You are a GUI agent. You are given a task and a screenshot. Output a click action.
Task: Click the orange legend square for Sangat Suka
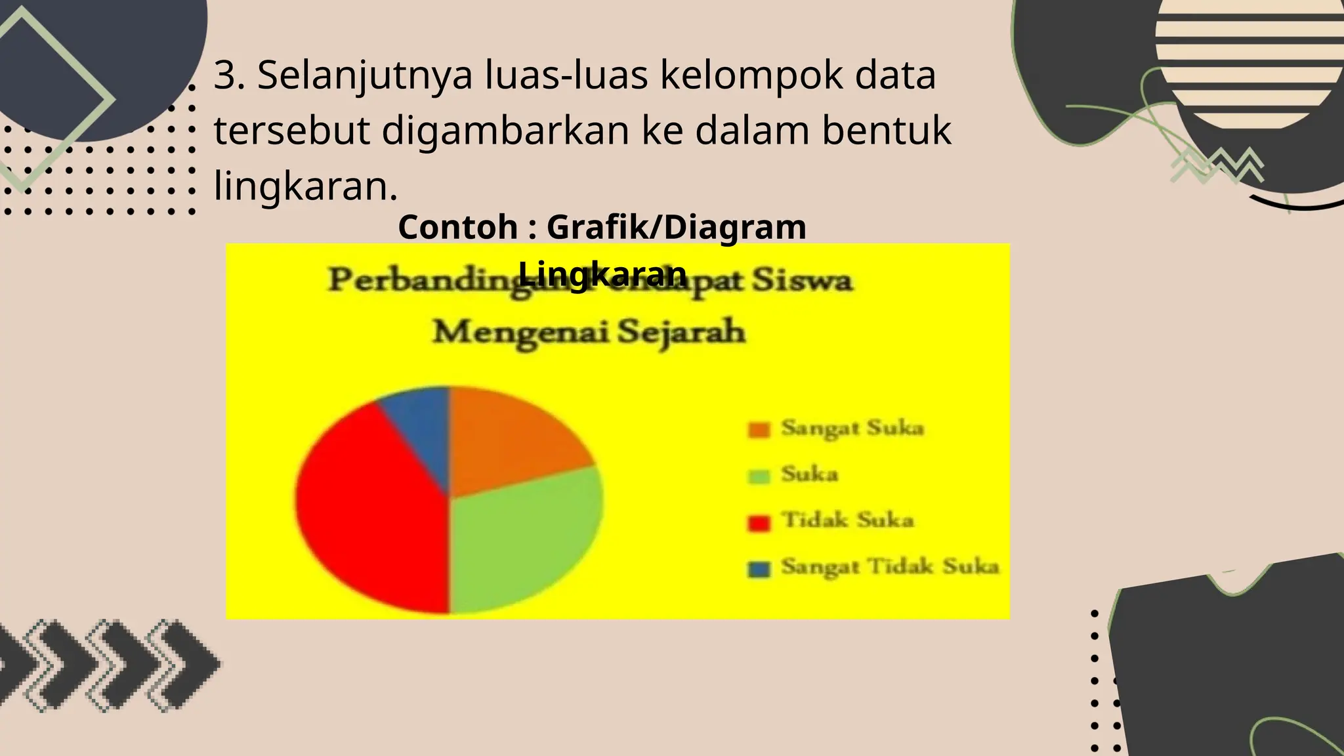point(759,430)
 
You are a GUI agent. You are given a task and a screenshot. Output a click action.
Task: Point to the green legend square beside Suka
point(759,476)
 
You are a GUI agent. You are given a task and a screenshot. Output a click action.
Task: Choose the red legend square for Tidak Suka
point(759,523)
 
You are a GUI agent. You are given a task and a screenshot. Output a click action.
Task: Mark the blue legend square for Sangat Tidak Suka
point(759,569)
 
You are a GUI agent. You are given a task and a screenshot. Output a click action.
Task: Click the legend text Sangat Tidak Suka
point(890,566)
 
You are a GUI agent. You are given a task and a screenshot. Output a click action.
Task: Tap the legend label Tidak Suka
point(847,520)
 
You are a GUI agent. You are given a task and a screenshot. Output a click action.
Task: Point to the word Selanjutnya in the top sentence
point(365,75)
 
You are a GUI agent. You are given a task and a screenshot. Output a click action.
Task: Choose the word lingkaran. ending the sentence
point(306,186)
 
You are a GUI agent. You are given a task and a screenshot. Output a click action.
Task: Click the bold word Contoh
point(458,228)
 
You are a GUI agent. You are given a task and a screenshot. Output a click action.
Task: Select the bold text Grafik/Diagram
point(676,228)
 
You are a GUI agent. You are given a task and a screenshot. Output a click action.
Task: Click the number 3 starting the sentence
point(225,75)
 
